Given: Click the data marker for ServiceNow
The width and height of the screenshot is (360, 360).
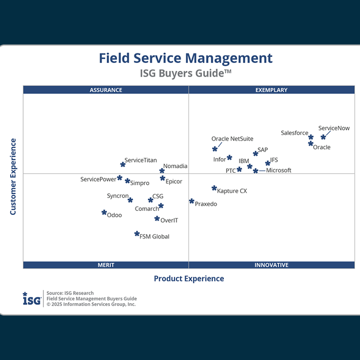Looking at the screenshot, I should (323, 137).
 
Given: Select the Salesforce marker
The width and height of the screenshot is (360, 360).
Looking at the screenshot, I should (310, 137).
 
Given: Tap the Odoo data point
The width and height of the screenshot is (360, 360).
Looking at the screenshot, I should (104, 213).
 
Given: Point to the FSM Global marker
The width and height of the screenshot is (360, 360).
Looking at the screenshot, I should (137, 234).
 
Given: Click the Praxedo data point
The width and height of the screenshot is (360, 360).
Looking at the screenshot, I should (191, 201).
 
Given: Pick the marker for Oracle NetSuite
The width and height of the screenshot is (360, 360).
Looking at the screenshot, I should (215, 149).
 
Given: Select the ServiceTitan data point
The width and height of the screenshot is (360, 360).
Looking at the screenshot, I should (123, 165).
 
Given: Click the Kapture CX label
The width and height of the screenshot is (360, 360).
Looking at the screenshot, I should (232, 191).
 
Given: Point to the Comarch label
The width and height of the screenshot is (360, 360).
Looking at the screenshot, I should (147, 209).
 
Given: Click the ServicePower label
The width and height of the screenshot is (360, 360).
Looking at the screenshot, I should (98, 179).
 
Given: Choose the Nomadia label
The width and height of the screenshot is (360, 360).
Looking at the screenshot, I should (175, 166).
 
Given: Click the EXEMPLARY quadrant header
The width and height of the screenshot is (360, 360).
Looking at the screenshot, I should (271, 90).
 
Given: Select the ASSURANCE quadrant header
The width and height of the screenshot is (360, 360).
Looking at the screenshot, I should (106, 90).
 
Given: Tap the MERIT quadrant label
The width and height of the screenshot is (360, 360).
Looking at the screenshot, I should (106, 265).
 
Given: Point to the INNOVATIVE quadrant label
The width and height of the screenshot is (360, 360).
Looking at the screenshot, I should (271, 265).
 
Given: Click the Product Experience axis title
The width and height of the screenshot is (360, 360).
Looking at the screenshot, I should (188, 278).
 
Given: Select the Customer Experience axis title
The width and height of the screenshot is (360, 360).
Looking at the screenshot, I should (13, 177).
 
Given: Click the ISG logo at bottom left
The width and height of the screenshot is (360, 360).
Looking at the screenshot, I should (31, 299).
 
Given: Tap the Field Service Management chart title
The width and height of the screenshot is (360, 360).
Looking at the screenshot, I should (186, 58).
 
